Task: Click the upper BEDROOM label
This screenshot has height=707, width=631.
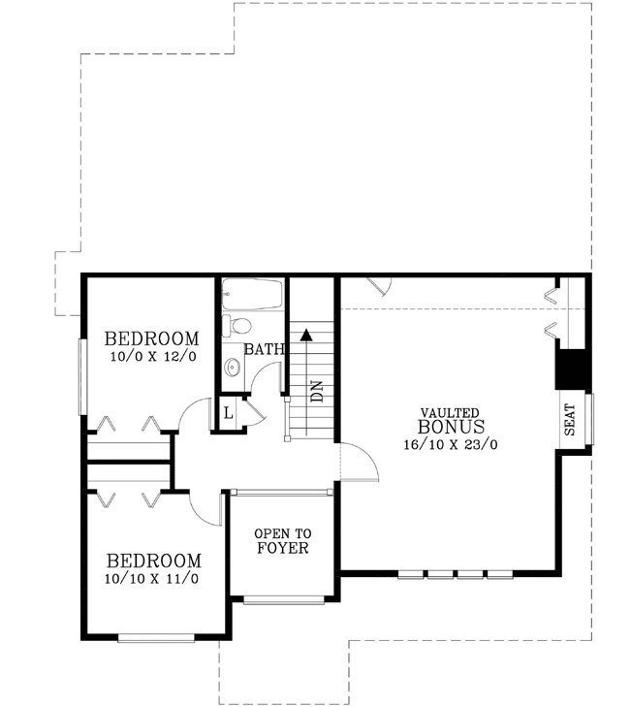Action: [152, 339]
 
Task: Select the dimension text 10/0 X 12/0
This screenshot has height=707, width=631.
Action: [153, 356]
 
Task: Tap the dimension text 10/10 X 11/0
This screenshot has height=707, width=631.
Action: [154, 578]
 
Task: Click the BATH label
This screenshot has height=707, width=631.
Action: [263, 349]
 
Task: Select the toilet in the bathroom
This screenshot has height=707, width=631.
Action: [237, 325]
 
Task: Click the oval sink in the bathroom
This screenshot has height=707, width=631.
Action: [232, 368]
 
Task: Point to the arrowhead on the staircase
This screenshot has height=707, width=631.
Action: [307, 335]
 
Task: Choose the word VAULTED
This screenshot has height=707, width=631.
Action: [449, 412]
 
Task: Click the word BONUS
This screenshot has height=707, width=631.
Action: [451, 427]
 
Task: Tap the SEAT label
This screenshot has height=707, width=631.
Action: [570, 419]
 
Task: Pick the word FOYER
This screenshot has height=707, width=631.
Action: [282, 549]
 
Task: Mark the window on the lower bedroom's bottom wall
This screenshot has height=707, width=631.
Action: [157, 637]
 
